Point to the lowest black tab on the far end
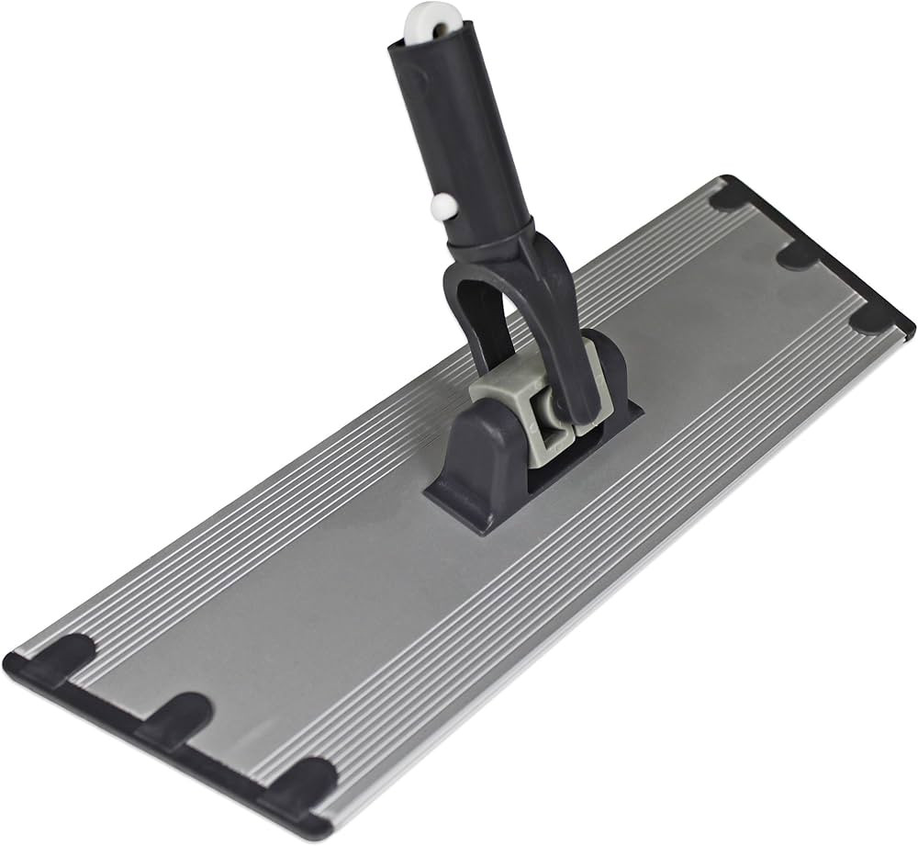pyautogui.click(x=872, y=317)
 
